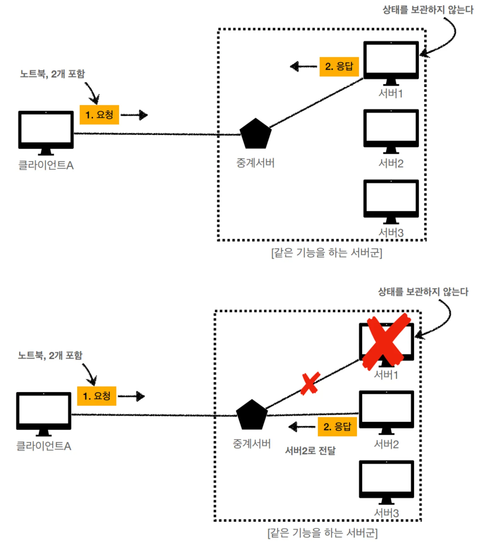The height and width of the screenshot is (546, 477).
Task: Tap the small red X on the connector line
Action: (x=310, y=383)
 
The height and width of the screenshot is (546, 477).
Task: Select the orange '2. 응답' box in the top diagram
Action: (x=339, y=67)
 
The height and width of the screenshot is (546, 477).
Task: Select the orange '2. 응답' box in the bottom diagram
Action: (x=337, y=427)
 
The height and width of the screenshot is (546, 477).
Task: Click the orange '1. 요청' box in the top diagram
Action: (x=99, y=115)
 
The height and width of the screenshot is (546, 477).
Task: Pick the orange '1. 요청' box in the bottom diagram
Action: (x=97, y=396)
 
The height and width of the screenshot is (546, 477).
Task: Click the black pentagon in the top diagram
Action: (x=256, y=134)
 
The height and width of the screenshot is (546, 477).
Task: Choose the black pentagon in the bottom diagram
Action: (x=252, y=415)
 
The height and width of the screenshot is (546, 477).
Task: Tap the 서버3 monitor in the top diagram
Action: (x=391, y=199)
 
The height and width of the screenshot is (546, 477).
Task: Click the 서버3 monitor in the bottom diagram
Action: (x=386, y=480)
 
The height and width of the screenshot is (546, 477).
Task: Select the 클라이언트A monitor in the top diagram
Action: (x=46, y=131)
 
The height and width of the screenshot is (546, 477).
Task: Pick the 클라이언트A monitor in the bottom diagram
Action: (x=44, y=412)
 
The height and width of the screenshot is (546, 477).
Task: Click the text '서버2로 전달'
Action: (x=310, y=451)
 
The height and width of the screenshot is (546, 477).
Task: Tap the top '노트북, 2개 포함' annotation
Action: (x=52, y=74)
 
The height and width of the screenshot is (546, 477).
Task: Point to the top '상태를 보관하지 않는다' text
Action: (x=428, y=10)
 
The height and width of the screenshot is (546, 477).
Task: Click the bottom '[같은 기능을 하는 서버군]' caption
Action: (x=322, y=533)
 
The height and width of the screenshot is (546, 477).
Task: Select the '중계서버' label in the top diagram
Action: (x=256, y=163)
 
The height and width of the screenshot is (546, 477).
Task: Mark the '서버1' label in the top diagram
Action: (x=391, y=93)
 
